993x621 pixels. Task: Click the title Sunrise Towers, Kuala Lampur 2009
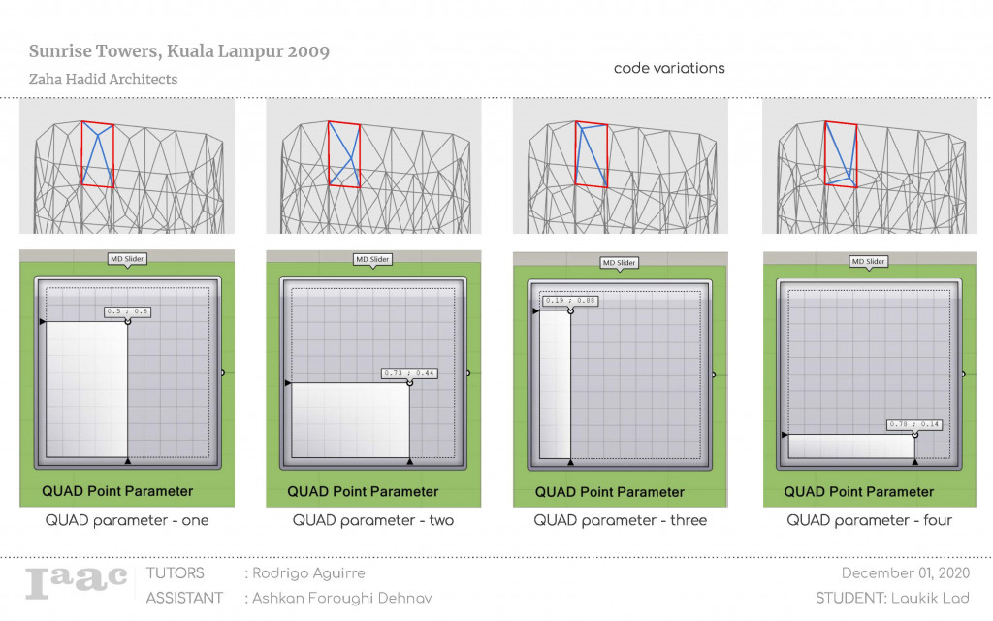[x=179, y=51]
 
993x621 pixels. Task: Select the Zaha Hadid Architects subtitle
[x=104, y=80]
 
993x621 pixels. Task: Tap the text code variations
[x=669, y=69]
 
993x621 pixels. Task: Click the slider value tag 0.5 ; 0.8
[x=128, y=312]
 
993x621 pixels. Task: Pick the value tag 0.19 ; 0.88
[x=569, y=301]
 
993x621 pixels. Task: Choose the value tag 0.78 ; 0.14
[x=914, y=424]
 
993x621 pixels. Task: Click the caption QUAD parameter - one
[x=127, y=521]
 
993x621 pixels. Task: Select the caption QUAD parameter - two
[x=373, y=521]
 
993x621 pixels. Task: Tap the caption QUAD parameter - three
[x=621, y=521]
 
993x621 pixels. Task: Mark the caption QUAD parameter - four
[x=870, y=521]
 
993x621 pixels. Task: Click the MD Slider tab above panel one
[x=127, y=259]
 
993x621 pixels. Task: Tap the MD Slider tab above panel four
[x=868, y=261]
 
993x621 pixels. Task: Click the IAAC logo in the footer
[x=77, y=581]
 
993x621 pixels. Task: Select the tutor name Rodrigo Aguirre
[x=309, y=573]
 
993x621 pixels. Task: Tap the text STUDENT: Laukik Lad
[x=891, y=598]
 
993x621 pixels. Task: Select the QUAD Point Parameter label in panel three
[x=610, y=492]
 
